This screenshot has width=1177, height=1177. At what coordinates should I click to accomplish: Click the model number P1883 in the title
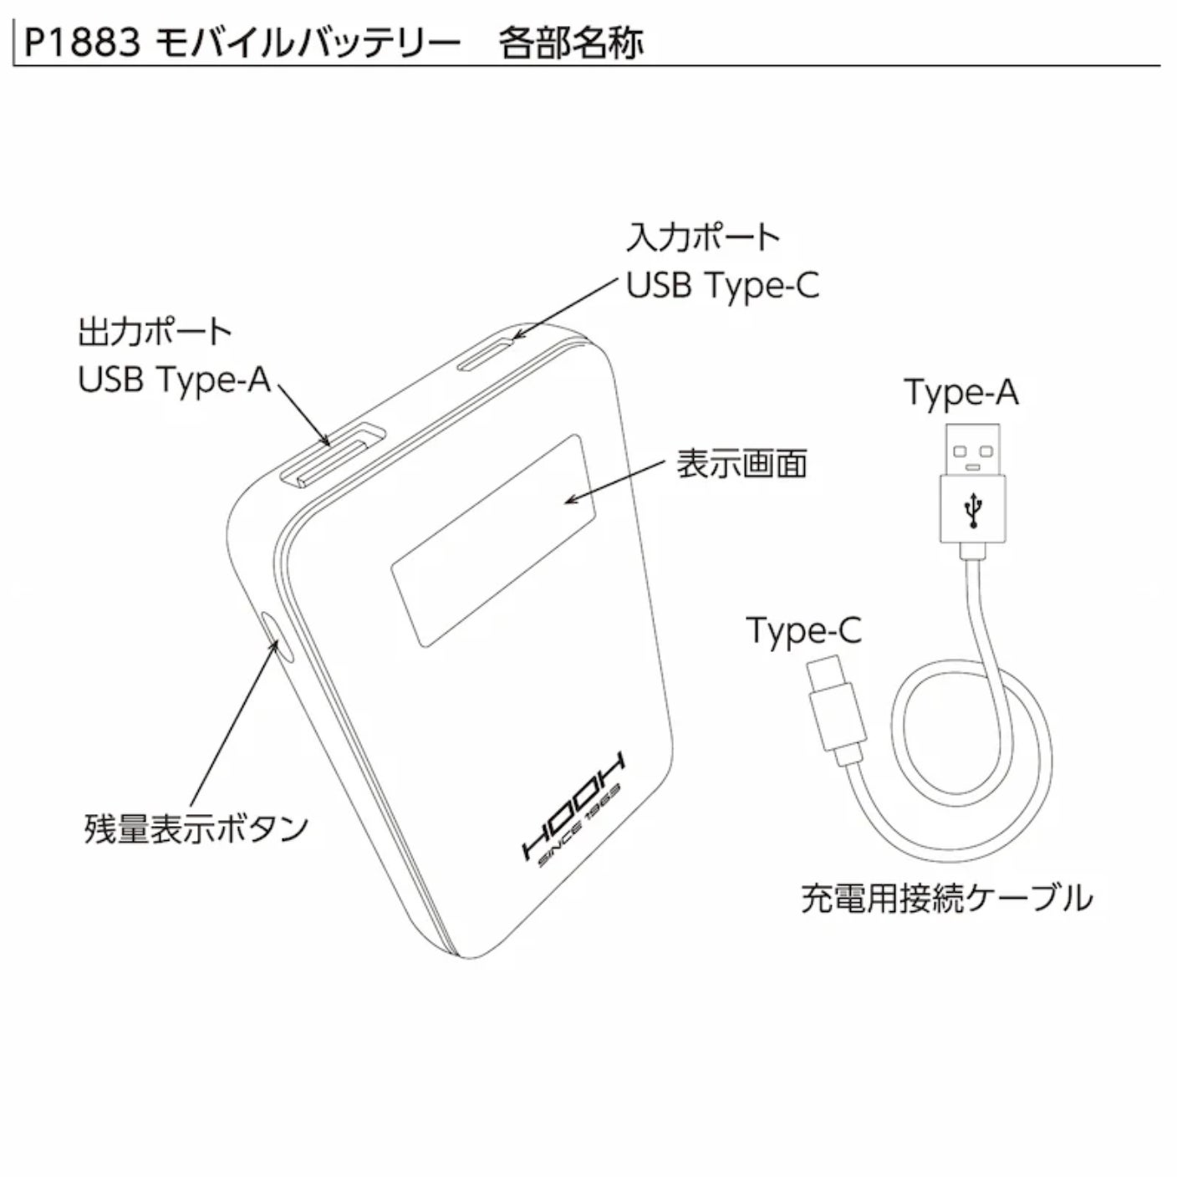(x=81, y=41)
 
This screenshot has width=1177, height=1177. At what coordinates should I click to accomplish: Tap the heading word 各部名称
(x=572, y=43)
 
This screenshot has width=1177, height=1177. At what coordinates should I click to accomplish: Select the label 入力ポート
(x=702, y=238)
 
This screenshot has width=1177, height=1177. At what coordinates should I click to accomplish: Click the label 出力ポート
(x=155, y=333)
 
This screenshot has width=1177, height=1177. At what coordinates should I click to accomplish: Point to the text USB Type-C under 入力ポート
(x=723, y=286)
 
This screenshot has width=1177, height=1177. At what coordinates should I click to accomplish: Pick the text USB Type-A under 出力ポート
(x=175, y=380)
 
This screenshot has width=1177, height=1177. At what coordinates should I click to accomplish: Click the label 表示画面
(x=741, y=464)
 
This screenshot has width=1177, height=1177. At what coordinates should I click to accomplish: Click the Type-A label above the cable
(x=961, y=393)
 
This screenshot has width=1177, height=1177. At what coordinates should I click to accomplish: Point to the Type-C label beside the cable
(x=803, y=630)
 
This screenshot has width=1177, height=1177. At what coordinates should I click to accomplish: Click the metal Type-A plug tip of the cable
(x=972, y=450)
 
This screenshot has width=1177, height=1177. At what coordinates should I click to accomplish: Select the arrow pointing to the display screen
(x=614, y=480)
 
